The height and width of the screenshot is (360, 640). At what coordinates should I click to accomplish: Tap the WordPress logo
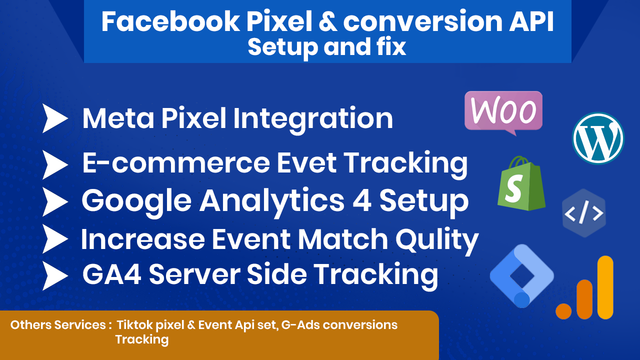tap(598, 138)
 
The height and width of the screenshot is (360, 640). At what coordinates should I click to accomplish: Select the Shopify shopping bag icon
tap(521, 183)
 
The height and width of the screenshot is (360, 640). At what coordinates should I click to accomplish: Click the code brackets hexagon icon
tap(584, 213)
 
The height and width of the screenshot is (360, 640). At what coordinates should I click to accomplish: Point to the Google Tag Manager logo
tap(522, 276)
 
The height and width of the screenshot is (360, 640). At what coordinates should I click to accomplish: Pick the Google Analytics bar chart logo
tap(584, 287)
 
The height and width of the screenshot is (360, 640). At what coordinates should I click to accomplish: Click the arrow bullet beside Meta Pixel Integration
tap(55, 118)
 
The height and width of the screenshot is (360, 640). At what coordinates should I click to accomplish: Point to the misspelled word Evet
tap(307, 163)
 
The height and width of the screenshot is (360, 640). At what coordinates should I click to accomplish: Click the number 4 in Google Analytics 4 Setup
tap(362, 201)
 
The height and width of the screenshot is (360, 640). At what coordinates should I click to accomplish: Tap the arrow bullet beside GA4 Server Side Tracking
tap(55, 275)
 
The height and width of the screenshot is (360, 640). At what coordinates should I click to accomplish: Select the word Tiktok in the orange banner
tap(132, 325)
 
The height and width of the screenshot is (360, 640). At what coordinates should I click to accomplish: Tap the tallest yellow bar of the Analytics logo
tap(605, 287)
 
